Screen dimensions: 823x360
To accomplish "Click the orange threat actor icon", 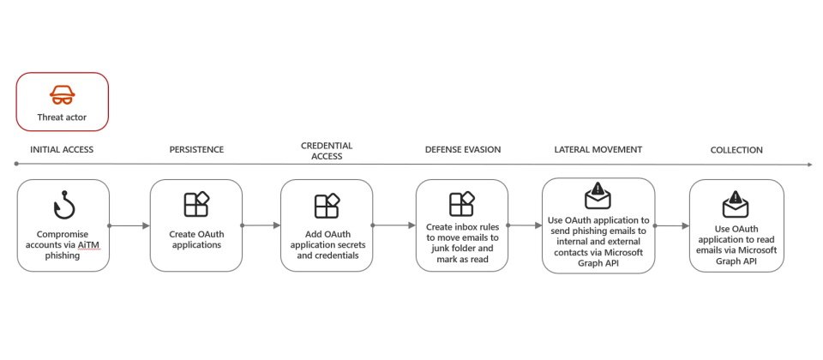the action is [x=63, y=95].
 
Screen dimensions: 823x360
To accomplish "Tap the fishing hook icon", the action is [x=64, y=205].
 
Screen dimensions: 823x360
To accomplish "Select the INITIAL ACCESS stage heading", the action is [x=62, y=149].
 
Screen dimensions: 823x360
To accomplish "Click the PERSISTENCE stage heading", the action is [x=196, y=149].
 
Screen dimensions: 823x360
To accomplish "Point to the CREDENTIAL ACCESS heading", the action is [x=327, y=151].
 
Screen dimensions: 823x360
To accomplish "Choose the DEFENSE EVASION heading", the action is [x=463, y=149].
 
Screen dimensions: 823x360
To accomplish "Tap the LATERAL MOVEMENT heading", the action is [x=598, y=149].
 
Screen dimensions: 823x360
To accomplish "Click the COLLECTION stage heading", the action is [x=736, y=150].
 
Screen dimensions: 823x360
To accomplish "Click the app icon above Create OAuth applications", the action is [x=196, y=204].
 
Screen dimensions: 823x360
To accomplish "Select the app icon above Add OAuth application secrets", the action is [x=327, y=206].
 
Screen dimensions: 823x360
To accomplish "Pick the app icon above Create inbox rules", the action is [x=462, y=204].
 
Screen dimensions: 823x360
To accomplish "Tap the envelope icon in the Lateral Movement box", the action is [x=598, y=195].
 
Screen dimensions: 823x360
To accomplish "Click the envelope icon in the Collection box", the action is [x=736, y=204].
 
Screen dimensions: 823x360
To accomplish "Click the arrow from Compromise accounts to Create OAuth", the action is [x=129, y=225].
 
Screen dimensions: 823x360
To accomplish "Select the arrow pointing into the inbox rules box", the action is [x=393, y=225].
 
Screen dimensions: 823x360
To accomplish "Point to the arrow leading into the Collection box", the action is [x=672, y=225].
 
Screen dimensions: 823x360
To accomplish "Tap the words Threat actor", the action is [x=62, y=117].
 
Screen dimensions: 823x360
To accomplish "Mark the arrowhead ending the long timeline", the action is [x=808, y=165].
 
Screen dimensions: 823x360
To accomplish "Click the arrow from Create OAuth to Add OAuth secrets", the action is [x=261, y=225].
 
